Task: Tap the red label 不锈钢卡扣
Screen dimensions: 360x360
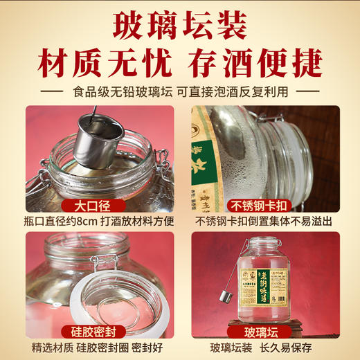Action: click(x=265, y=206)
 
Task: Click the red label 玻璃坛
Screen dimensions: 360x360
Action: click(x=265, y=328)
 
